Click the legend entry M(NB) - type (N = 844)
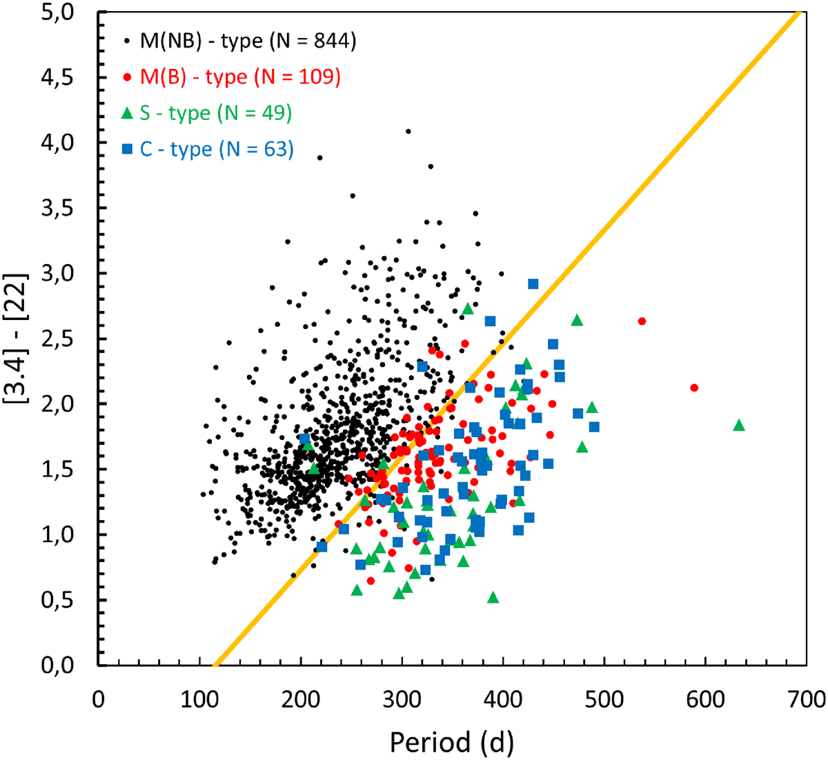tap(248, 41)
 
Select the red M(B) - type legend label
tap(240, 77)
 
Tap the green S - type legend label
tap(215, 113)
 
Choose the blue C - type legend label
tap(217, 149)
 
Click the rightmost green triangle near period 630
tap(739, 425)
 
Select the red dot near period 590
tap(694, 388)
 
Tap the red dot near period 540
tap(642, 321)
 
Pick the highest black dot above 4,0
tap(408, 131)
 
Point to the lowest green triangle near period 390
tap(493, 597)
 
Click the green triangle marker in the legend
tap(127, 113)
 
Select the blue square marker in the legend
tap(127, 149)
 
